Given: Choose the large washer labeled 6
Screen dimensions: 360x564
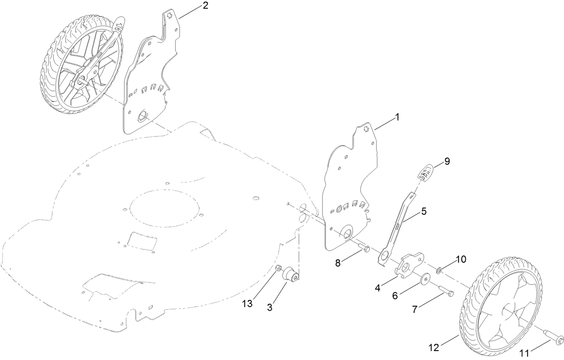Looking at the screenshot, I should [x=424, y=279].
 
